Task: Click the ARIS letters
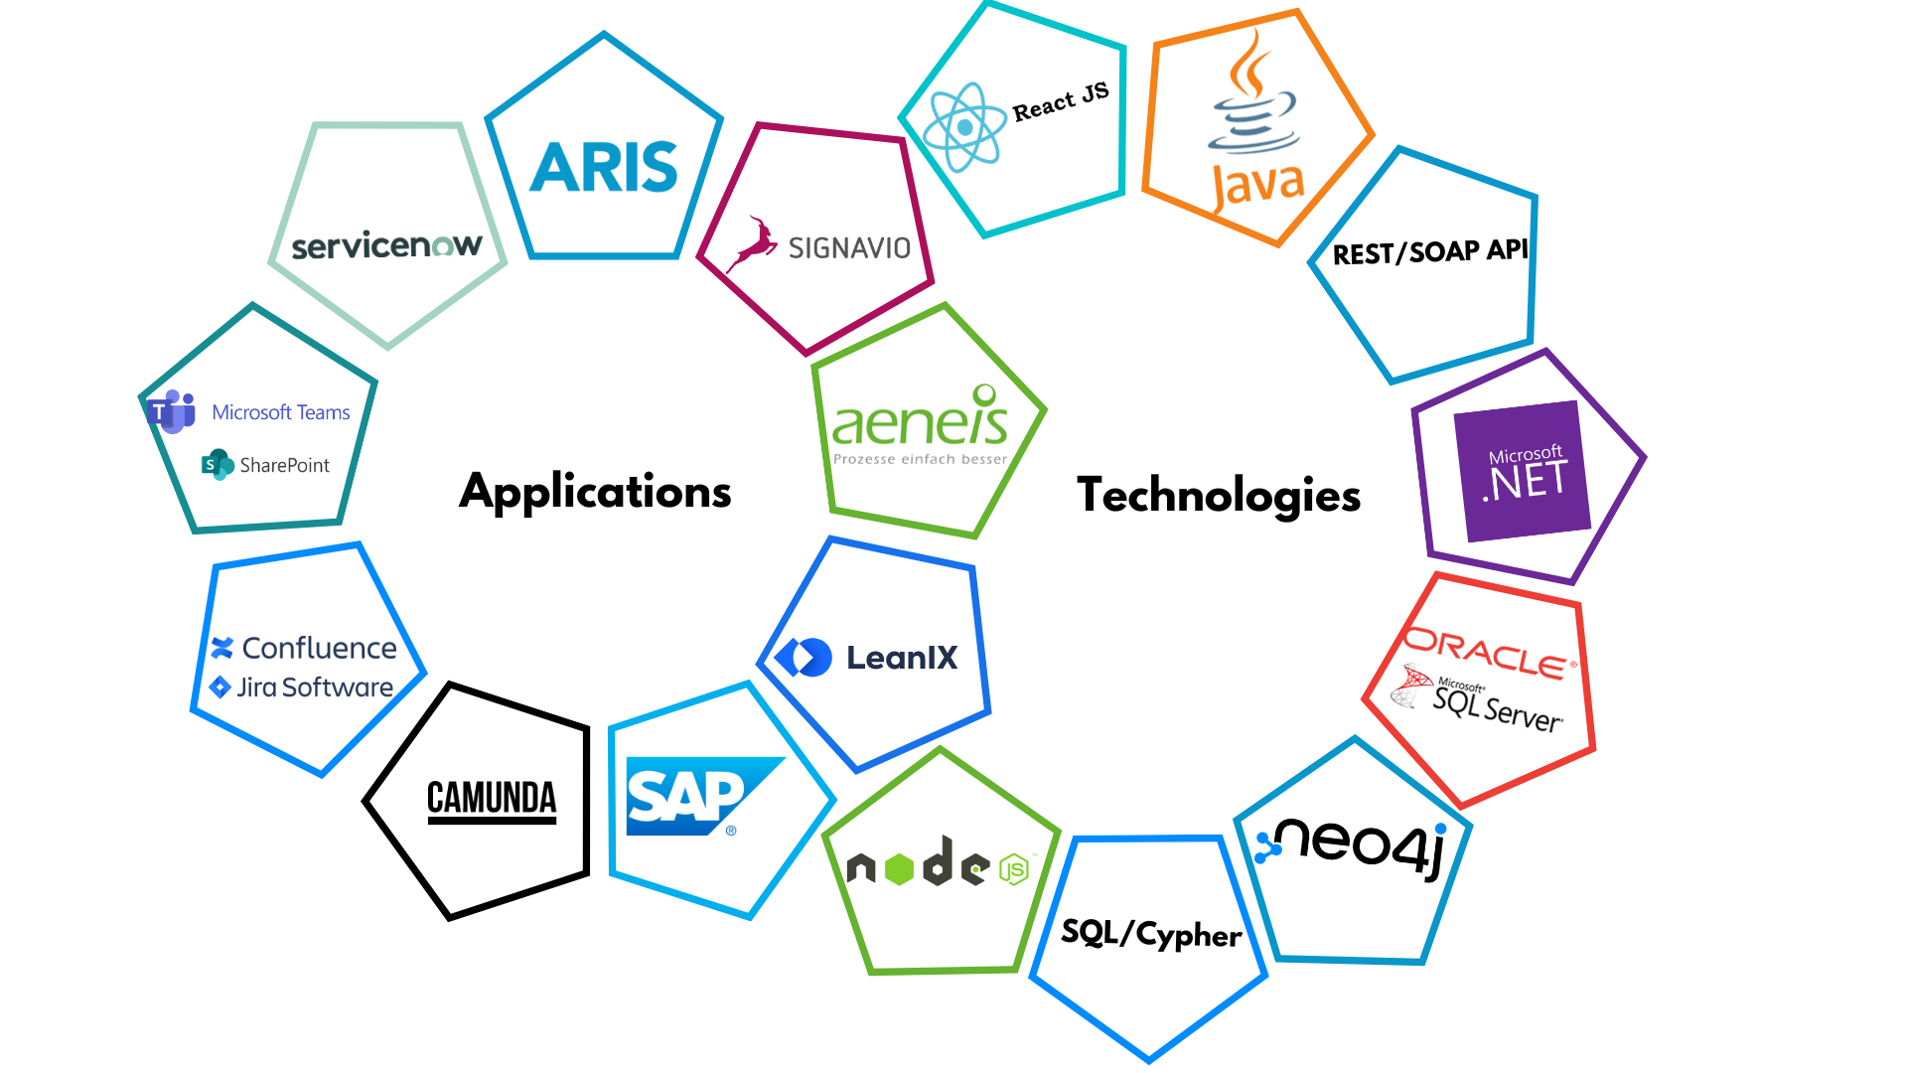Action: click(x=605, y=167)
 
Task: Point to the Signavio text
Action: click(x=849, y=246)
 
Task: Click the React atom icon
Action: click(x=964, y=127)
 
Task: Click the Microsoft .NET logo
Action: click(x=1526, y=474)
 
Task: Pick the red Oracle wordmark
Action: click(x=1490, y=651)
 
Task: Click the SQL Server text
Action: click(x=1500, y=707)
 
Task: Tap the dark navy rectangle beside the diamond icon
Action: click(x=903, y=677)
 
